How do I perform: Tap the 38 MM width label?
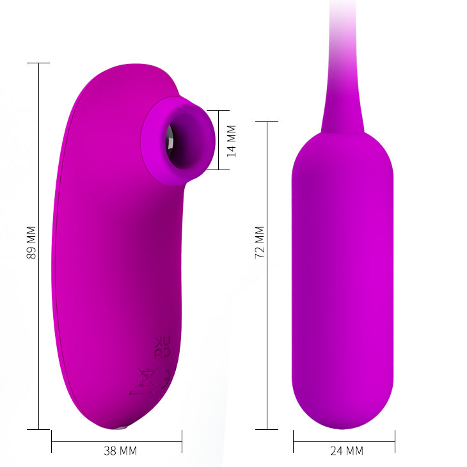click(120, 450)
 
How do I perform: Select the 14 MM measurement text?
click(232, 141)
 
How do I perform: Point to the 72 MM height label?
click(259, 242)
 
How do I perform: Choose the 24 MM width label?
click(346, 450)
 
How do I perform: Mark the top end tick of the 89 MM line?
click(39, 63)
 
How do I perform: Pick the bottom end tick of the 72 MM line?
click(267, 429)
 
